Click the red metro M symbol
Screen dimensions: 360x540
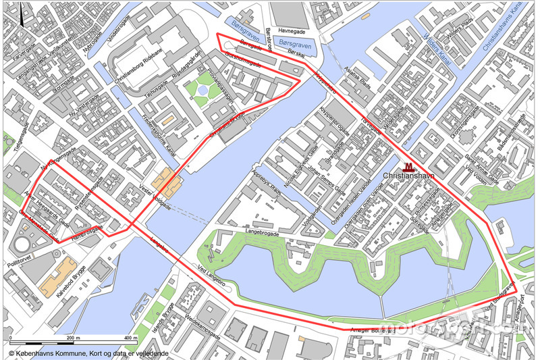[x=408, y=167]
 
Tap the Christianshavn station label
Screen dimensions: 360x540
[x=408, y=176]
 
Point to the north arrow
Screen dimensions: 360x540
[x=23, y=14]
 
